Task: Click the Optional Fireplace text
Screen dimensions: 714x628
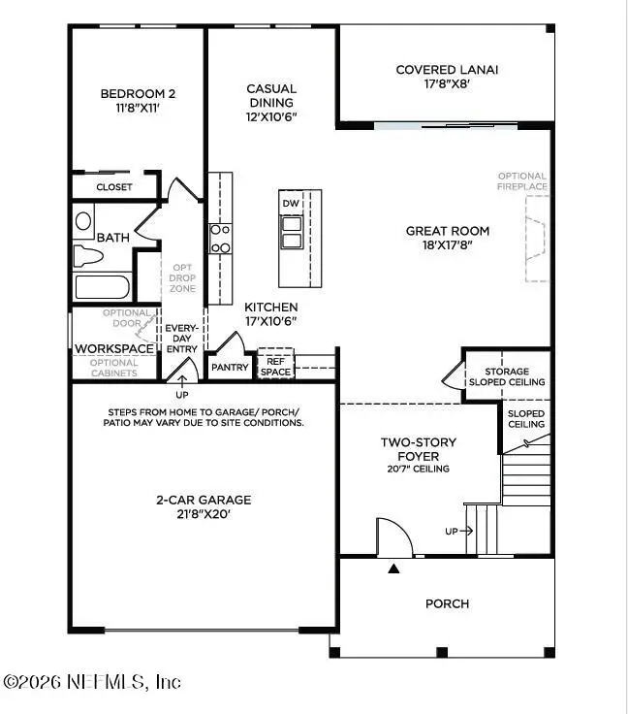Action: pyautogui.click(x=522, y=180)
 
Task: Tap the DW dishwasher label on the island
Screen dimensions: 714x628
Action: pyautogui.click(x=290, y=203)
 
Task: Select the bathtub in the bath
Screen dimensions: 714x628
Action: pyautogui.click(x=102, y=288)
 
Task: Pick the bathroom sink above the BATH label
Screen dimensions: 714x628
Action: pyautogui.click(x=83, y=219)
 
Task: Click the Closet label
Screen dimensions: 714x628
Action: pyautogui.click(x=114, y=187)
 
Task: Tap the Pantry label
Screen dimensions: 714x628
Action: pyautogui.click(x=230, y=368)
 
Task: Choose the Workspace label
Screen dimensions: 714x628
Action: pyautogui.click(x=114, y=348)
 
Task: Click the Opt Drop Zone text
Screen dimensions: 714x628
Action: pyautogui.click(x=183, y=278)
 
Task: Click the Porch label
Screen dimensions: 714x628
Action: pyautogui.click(x=447, y=603)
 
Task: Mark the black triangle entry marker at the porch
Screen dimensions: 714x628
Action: pyautogui.click(x=393, y=568)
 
